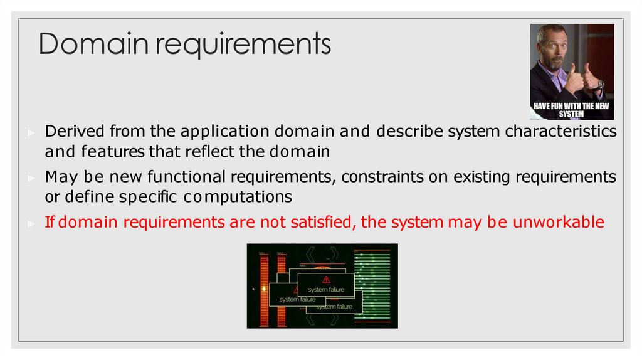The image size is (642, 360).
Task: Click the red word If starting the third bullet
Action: click(x=51, y=223)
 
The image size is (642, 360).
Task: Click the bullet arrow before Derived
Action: click(x=31, y=133)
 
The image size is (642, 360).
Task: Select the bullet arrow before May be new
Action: click(x=31, y=178)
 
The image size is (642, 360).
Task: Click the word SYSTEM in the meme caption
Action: click(x=572, y=115)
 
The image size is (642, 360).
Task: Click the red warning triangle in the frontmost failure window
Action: click(x=326, y=280)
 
